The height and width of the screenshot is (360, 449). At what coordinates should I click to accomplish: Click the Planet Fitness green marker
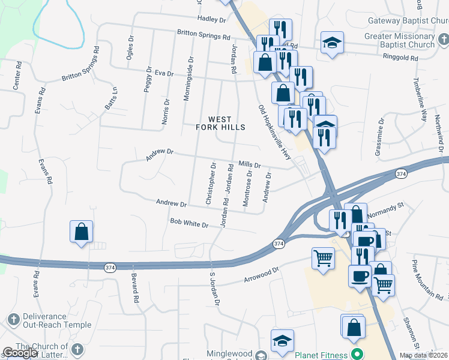coord(357,353)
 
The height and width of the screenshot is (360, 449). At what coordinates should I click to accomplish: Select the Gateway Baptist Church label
coord(408,20)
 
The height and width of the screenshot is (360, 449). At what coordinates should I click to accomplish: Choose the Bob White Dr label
coord(188,223)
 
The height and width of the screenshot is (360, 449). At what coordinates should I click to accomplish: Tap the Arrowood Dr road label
coord(262,275)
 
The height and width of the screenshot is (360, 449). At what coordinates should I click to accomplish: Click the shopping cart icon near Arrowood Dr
coord(323,259)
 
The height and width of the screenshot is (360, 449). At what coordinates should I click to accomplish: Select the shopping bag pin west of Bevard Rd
coord(81,232)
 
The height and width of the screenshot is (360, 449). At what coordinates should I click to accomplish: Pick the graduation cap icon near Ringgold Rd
coord(331,43)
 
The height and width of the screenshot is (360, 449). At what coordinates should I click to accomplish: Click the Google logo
coord(20,353)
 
